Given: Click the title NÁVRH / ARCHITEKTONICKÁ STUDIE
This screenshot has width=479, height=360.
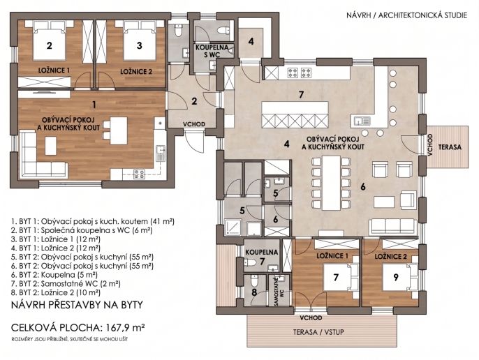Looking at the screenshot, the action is [x=406, y=15].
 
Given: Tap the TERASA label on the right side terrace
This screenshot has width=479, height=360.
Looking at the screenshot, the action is [x=450, y=147].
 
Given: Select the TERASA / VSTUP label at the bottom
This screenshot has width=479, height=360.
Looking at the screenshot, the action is [x=318, y=332].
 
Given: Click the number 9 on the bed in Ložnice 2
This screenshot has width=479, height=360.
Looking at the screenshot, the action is [x=396, y=277].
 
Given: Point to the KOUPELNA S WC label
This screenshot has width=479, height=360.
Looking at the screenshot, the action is [x=212, y=51].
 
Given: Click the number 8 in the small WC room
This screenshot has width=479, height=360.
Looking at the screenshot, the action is [x=254, y=292].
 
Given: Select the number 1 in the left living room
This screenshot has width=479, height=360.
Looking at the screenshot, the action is [x=94, y=105].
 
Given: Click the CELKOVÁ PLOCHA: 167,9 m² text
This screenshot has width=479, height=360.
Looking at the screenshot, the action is [x=78, y=328].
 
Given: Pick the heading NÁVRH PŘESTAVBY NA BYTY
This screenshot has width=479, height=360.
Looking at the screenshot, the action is [x=77, y=305].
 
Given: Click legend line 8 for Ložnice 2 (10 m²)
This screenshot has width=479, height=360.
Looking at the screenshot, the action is [x=56, y=292].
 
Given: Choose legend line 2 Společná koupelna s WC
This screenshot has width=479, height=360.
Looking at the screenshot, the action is [x=82, y=230].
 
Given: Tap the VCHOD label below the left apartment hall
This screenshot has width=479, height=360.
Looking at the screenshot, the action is [x=194, y=124].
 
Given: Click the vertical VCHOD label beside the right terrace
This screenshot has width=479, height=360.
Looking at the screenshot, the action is [x=430, y=145].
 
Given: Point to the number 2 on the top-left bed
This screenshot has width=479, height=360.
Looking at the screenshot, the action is [x=50, y=46].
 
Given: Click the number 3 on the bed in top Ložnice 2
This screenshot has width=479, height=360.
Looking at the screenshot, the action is [x=140, y=45].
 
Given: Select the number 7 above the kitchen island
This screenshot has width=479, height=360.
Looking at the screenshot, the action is [x=301, y=95].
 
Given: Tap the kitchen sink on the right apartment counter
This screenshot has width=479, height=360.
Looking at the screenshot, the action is [x=362, y=121].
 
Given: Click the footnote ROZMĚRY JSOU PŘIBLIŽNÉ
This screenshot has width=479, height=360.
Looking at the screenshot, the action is [x=70, y=339].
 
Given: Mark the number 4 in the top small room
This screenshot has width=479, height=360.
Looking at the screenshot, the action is [x=251, y=41].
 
